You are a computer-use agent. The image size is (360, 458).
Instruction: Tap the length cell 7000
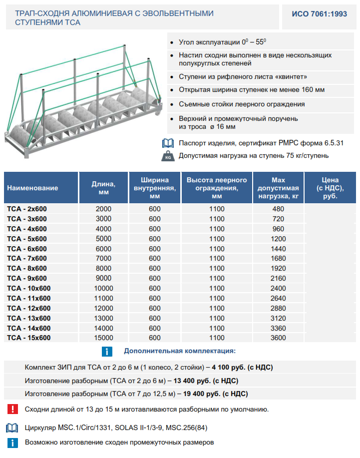pos(103,258)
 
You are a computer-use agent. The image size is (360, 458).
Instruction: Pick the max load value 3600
pos(278,338)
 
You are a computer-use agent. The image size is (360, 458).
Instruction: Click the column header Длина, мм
pos(103,188)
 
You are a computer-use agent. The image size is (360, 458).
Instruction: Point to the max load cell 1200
pos(278,239)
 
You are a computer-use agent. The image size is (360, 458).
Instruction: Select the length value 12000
pos(103,308)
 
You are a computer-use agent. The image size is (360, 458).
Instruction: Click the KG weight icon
pos(167,156)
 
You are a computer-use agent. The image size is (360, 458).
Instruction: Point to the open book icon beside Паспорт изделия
pos(167,143)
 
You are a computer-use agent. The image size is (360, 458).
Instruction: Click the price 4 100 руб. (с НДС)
pos(242,368)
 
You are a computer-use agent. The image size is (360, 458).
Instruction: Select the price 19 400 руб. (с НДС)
pos(216,394)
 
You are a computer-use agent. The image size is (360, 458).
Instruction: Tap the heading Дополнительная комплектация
pos(180,351)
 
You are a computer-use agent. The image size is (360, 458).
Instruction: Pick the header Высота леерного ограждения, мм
pos(217,188)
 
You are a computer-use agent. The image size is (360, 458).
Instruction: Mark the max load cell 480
pos(278,209)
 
